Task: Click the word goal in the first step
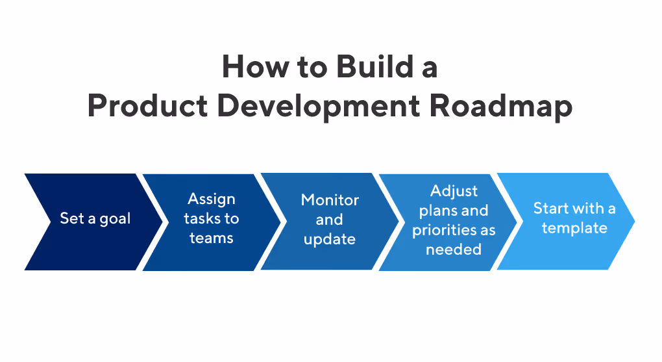[x=114, y=219]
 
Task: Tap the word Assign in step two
[x=211, y=199]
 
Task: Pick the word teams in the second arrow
[x=211, y=239]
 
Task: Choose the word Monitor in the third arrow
[x=330, y=200]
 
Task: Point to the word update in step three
[x=330, y=240]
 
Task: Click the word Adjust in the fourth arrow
[x=454, y=191]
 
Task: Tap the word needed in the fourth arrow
[x=454, y=250]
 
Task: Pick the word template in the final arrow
[x=574, y=228]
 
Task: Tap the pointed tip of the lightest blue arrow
[x=633, y=222]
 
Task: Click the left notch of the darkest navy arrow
[x=51, y=222]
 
